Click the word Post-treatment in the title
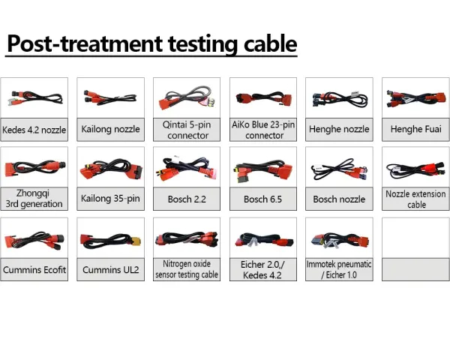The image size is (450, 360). tap(85, 43)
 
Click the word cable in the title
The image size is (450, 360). tap(270, 43)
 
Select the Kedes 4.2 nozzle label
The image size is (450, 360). tap(34, 130)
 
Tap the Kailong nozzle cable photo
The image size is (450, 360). tap(110, 97)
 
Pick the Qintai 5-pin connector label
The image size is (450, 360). tap(187, 130)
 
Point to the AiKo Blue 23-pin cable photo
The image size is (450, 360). tap(263, 98)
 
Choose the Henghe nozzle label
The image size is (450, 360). tap(339, 129)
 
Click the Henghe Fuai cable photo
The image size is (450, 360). tap(416, 99)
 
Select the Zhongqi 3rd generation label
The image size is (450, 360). tap(34, 198)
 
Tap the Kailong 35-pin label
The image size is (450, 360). tap(110, 198)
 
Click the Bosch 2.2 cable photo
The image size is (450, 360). tap(187, 169)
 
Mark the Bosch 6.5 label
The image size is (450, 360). tap(263, 199)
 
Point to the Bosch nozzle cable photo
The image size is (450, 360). tap(339, 169)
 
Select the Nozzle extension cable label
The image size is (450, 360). tap(415, 199)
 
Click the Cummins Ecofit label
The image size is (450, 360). tap(34, 269)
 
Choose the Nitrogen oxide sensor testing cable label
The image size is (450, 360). tap(187, 269)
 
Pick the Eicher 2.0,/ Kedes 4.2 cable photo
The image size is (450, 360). tap(263, 240)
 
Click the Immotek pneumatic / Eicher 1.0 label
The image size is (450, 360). tap(339, 269)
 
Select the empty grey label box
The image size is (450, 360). tap(415, 269)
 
